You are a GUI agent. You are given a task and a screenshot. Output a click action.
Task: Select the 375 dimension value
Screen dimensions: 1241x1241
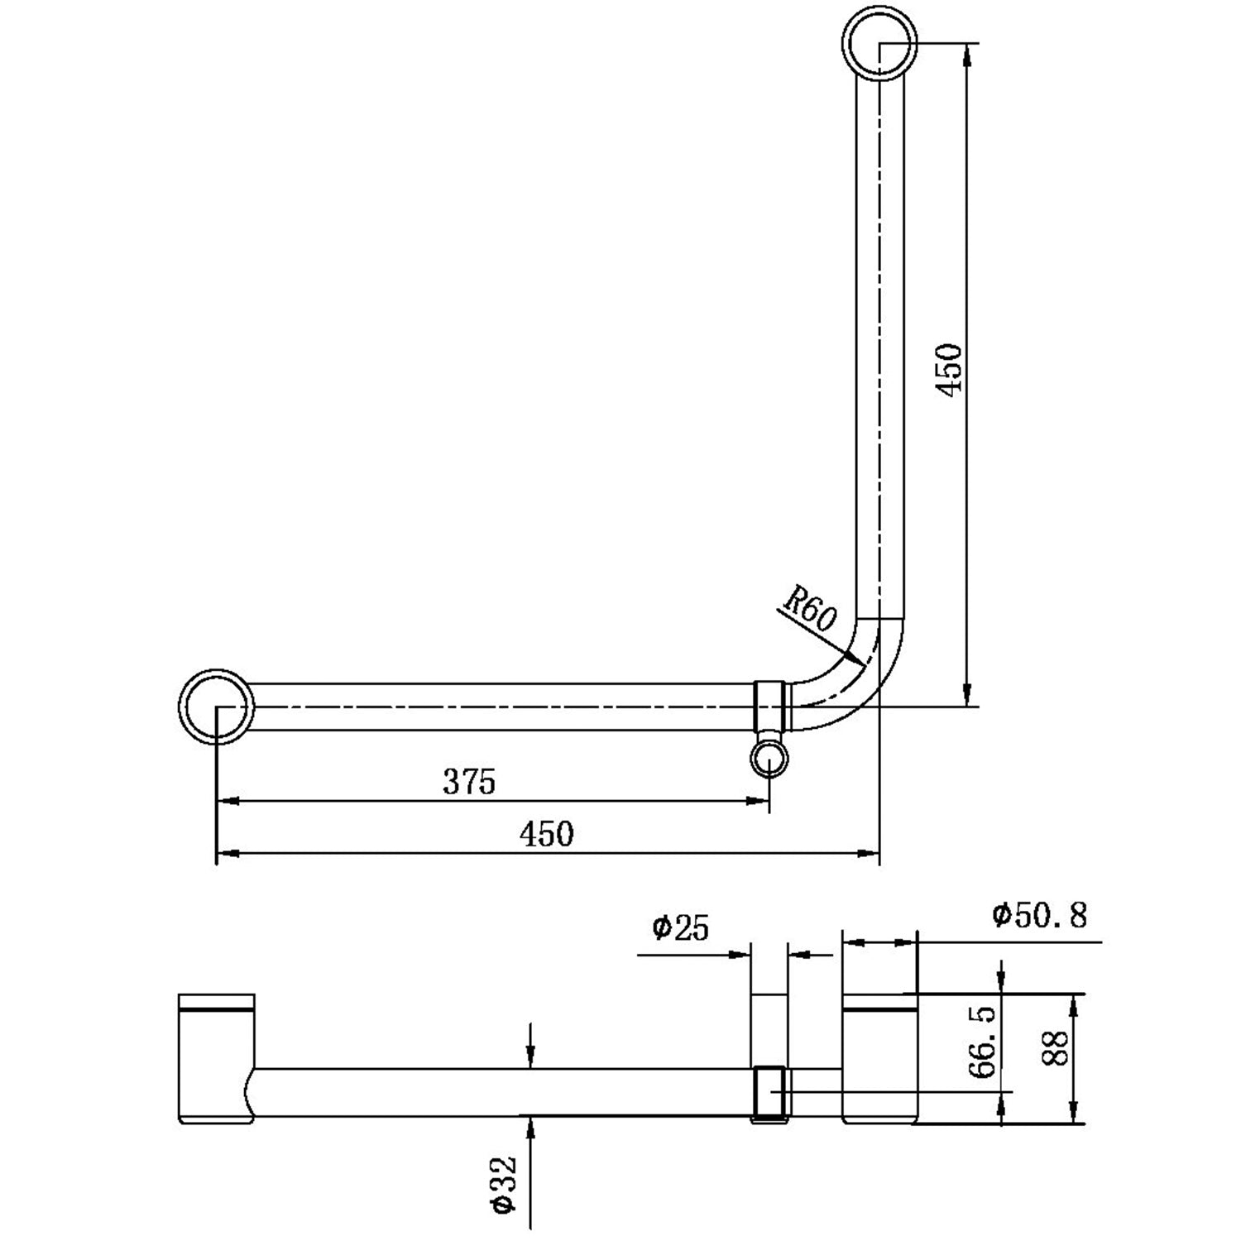[469, 782]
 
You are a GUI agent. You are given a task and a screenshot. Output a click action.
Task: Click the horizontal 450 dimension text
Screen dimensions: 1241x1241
[546, 834]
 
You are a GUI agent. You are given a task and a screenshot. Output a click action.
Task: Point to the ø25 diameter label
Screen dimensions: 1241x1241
[681, 928]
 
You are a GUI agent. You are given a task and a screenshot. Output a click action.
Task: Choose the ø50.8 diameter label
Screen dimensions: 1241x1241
[1040, 916]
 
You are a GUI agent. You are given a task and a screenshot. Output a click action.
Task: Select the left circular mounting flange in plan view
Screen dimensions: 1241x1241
[217, 707]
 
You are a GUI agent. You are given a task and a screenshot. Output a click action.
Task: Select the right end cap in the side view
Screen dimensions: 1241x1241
[879, 1059]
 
